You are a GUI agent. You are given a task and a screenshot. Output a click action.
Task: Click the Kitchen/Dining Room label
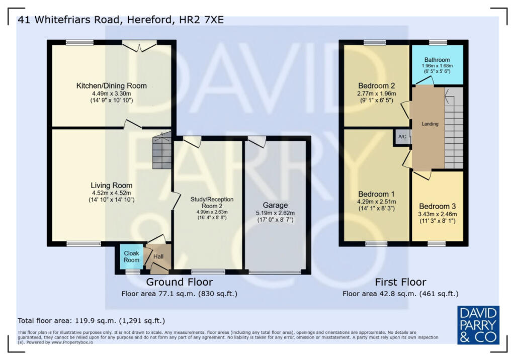click(x=112, y=85)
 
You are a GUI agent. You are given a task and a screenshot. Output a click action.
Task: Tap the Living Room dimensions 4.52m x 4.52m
click(x=112, y=193)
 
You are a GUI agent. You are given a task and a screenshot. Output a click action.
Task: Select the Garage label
click(x=275, y=205)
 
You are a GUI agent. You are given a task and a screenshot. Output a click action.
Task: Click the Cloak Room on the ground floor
click(x=131, y=256)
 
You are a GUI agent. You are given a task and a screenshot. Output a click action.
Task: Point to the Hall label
click(x=158, y=257)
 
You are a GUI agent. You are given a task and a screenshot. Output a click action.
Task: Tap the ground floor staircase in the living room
click(x=160, y=151)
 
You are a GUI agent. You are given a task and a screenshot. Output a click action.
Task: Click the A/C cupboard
click(x=402, y=137)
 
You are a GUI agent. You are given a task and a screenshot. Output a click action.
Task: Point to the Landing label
click(x=430, y=124)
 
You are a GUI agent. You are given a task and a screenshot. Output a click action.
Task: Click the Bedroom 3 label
click(x=437, y=206)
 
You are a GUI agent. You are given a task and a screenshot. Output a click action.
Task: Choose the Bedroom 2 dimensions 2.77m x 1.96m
click(x=377, y=94)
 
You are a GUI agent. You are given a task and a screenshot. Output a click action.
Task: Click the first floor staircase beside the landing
click(x=454, y=128)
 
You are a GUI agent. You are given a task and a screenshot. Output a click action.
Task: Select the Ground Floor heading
click(x=179, y=282)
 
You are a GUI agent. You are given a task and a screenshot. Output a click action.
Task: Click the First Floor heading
click(x=400, y=282)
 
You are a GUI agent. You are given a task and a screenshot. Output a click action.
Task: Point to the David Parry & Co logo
click(x=478, y=325)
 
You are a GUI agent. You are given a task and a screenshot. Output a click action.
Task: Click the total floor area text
click(x=91, y=320)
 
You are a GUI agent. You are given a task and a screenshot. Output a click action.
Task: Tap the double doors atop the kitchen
click(x=139, y=47)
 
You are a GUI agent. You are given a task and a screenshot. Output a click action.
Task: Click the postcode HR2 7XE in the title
click(x=202, y=20)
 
